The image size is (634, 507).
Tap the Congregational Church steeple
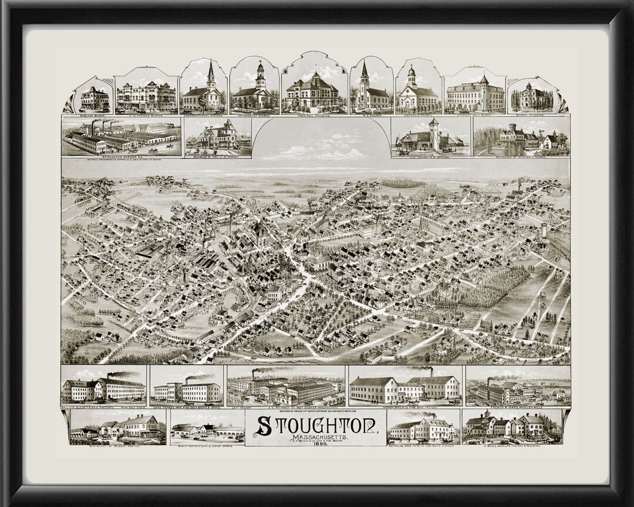coord(211,73)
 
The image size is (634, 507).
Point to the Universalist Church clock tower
coord(261,74)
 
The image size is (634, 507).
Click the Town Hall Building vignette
coord(312,91)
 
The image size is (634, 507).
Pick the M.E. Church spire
coord(365,73)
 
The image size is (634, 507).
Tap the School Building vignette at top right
coord(531,97)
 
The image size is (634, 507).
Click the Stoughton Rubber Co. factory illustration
coord(120,138)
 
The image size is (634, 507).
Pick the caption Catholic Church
coord(418,114)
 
